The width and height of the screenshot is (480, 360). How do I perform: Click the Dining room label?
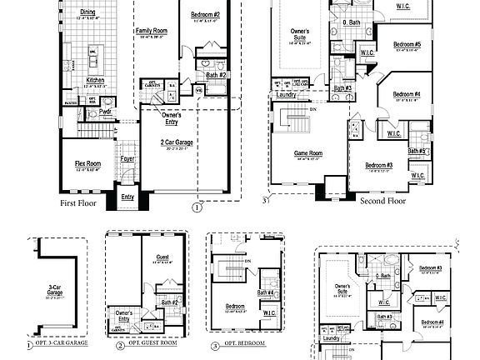tap(87, 12)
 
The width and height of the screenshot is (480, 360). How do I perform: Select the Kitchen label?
tap(96, 80)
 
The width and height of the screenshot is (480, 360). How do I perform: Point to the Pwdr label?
tap(106, 111)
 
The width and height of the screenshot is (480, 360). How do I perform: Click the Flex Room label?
tap(87, 164)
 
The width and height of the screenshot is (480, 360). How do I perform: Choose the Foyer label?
tap(127, 158)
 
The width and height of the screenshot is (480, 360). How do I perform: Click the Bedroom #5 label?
tap(406, 44)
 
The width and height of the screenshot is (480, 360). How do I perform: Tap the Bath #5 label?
tap(417, 151)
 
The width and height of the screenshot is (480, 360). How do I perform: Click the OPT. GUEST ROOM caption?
tap(152, 344)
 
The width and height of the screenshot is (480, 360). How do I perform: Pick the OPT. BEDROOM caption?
tap(243, 344)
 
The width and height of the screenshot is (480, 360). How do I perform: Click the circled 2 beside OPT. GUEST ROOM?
tap(120, 344)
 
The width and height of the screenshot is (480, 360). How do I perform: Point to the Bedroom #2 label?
tap(205, 15)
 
